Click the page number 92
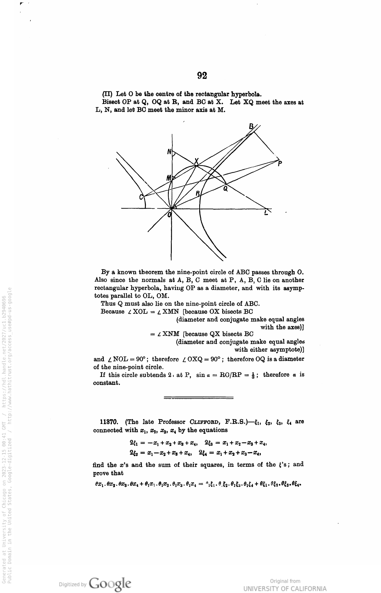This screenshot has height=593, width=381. pyautogui.click(x=202, y=76)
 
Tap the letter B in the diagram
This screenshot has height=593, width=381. pyautogui.click(x=251, y=127)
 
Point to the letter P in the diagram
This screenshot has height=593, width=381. pyautogui.click(x=280, y=164)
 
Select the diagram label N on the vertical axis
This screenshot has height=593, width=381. pyautogui.click(x=169, y=152)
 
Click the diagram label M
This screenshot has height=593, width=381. pyautogui.click(x=169, y=178)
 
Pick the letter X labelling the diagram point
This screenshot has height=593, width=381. pyautogui.click(x=196, y=161)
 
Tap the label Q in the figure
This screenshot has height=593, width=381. pyautogui.click(x=225, y=188)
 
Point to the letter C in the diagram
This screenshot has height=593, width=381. pyautogui.click(x=141, y=197)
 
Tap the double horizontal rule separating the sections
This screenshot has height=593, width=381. pyautogui.click(x=198, y=398)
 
